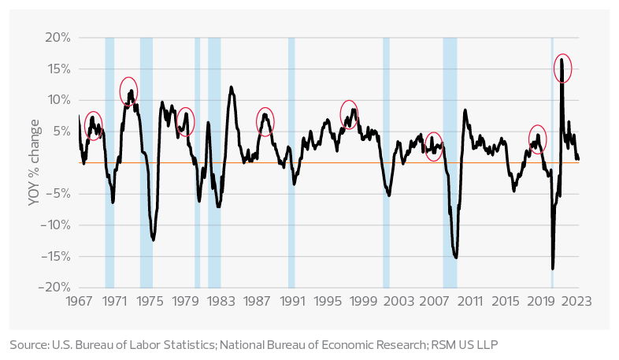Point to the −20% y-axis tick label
coord(55,288)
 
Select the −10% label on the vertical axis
coord(55,225)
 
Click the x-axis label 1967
coord(80,301)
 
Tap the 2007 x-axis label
coord(434,301)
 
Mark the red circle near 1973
coord(129,91)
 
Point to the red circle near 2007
coord(433,147)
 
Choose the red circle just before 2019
coord(538,139)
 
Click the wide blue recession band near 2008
coord(450,162)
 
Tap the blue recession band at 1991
coord(291,162)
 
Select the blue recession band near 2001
coord(386,162)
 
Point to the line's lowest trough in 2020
coord(553,268)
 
